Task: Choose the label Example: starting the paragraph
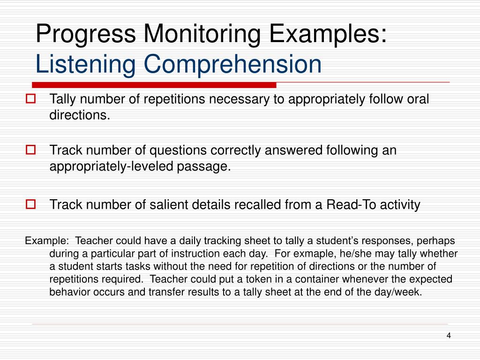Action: (46, 241)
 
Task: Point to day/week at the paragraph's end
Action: (402, 292)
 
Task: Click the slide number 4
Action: (448, 336)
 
